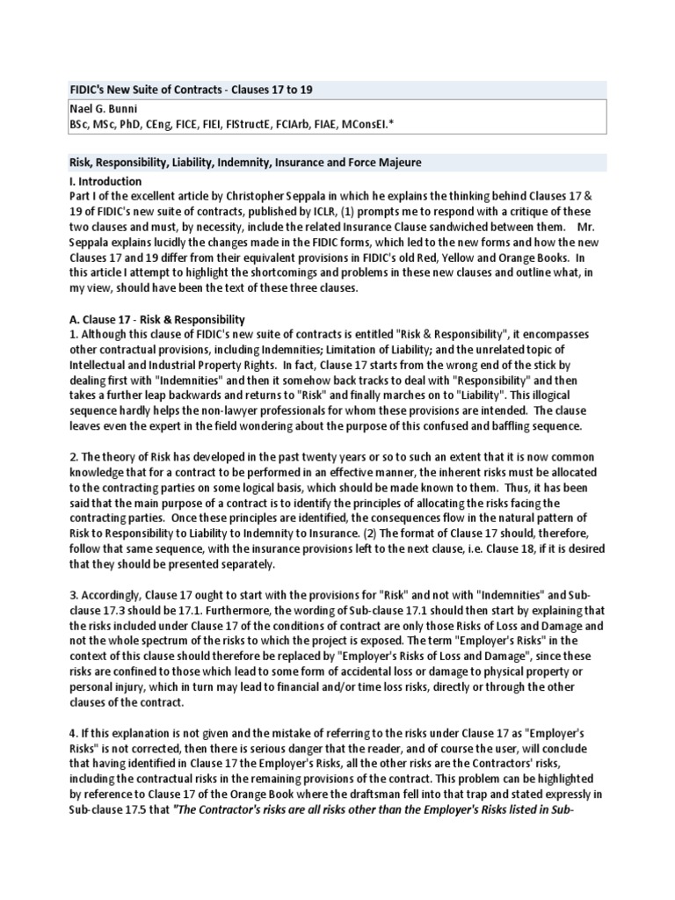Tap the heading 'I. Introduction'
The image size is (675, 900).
[x=105, y=182]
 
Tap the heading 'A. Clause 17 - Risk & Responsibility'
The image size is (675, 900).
[x=156, y=319]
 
